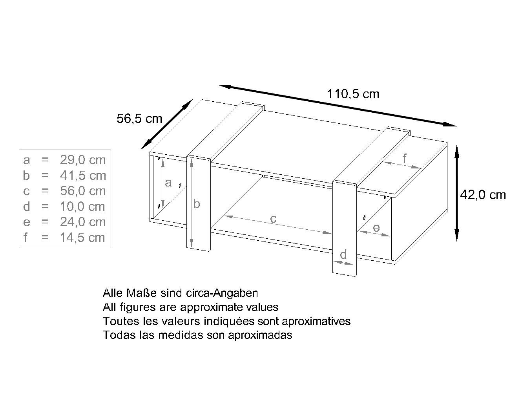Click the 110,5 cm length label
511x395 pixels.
click(353, 94)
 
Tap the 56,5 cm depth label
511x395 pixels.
click(139, 119)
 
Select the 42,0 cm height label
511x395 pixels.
click(483, 195)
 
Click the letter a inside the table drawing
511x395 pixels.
click(168, 183)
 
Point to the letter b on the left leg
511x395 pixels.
click(197, 203)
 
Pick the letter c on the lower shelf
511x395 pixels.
click(273, 219)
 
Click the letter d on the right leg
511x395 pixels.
click(343, 254)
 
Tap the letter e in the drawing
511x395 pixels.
click(376, 228)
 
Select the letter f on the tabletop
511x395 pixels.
click(404, 158)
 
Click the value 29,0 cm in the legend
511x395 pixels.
click(83, 160)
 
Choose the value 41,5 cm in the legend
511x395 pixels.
click(83, 176)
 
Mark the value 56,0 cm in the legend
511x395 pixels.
click(83, 191)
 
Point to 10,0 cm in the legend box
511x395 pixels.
click(82, 207)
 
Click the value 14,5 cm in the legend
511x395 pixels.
click(82, 238)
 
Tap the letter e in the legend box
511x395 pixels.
click(27, 222)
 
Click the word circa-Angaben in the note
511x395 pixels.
click(222, 293)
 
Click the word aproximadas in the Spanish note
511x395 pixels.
click(260, 335)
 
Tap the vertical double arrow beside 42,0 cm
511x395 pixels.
click(457, 193)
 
